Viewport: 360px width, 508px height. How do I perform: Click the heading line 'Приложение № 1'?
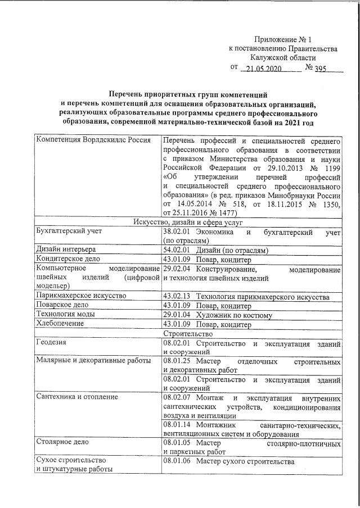[282, 39]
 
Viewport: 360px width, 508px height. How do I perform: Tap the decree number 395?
[321, 69]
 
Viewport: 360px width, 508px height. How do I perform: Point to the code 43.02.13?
[177, 296]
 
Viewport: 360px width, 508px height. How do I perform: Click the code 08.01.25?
[177, 361]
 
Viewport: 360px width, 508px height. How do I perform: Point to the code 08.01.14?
[177, 425]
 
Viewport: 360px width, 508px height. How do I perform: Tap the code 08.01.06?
[177, 462]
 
